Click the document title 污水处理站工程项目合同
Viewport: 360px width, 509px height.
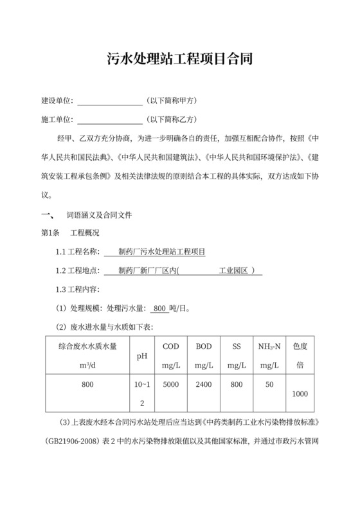point(179,60)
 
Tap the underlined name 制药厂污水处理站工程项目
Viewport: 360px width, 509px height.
point(159,251)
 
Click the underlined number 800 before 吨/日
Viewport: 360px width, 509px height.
point(161,308)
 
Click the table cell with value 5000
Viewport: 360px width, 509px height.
point(171,385)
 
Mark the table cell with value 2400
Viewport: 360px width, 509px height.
point(204,385)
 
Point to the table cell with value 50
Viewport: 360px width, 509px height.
point(269,385)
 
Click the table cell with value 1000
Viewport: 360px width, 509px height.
point(300,393)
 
